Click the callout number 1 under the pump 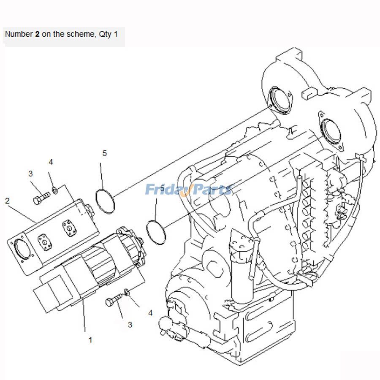[90, 339]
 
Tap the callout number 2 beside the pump [8, 201]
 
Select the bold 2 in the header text [37, 34]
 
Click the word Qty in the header [105, 34]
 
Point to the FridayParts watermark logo [189, 189]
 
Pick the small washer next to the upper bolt [54, 190]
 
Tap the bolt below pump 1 [110, 303]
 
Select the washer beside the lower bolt [127, 292]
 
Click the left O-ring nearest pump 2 [105, 201]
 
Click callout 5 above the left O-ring [105, 154]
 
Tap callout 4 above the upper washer [51, 162]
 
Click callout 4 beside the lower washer [150, 313]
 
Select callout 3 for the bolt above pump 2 [30, 174]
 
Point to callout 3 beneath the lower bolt [130, 325]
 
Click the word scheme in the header [75, 34]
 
